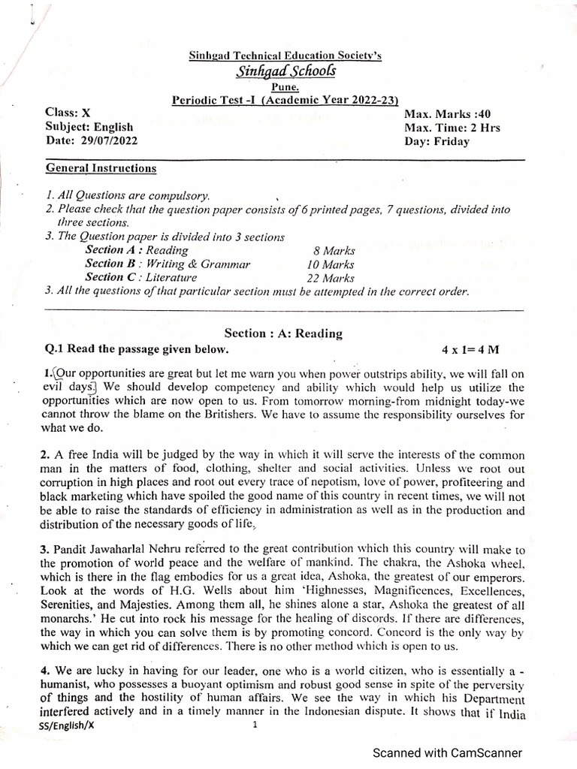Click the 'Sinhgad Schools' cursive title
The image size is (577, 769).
point(285,71)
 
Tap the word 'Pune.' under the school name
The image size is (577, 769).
point(286,87)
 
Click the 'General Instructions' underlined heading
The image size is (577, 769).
point(101,168)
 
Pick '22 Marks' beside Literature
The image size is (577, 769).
point(331,278)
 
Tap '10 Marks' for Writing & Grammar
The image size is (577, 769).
point(331,264)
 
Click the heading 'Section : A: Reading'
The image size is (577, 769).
point(283,333)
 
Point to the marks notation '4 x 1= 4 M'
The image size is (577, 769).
point(471,349)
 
